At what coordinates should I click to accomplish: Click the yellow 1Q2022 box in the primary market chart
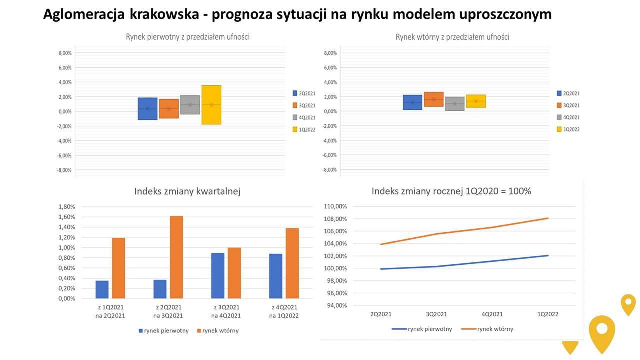pyautogui.click(x=211, y=105)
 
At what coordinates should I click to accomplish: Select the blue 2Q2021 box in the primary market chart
pyautogui.click(x=147, y=108)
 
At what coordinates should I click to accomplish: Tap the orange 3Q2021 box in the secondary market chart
pyautogui.click(x=433, y=99)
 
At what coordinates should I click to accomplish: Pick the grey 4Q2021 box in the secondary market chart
pyautogui.click(x=454, y=103)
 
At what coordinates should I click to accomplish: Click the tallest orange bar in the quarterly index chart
pyautogui.click(x=176, y=257)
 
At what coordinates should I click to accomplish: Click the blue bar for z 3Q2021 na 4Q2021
pyautogui.click(x=218, y=276)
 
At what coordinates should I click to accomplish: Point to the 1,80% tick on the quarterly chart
pyautogui.click(x=67, y=206)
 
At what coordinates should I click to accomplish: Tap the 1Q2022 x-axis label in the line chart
pyautogui.click(x=547, y=314)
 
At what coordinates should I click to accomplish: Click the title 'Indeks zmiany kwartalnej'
pyautogui.click(x=187, y=191)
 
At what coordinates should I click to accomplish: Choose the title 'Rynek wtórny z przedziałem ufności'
pyautogui.click(x=452, y=37)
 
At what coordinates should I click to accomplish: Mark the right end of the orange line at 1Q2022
pyautogui.click(x=548, y=218)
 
